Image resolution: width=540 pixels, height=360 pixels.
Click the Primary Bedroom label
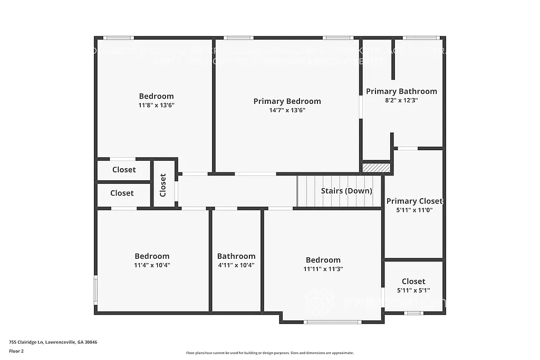(x=287, y=101)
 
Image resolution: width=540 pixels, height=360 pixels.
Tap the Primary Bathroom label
(x=401, y=91)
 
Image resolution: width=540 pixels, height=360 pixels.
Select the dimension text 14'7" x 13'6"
(x=287, y=110)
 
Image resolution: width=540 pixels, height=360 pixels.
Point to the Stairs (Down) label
(x=346, y=191)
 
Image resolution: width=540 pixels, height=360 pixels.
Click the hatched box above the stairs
(x=377, y=168)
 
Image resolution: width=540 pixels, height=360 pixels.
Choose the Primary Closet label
(x=414, y=201)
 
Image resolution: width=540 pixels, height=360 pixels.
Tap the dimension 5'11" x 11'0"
(x=414, y=210)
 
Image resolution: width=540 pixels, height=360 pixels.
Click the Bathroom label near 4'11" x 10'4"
(x=236, y=256)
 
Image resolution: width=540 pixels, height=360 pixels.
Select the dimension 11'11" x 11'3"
(x=323, y=269)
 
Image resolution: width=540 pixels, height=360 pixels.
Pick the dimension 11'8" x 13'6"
(x=156, y=105)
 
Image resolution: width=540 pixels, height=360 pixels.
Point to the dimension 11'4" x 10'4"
(x=152, y=265)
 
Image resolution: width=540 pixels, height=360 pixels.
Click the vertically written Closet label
(x=163, y=185)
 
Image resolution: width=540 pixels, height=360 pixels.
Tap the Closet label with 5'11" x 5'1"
(x=413, y=281)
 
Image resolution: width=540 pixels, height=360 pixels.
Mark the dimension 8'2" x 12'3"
(x=401, y=100)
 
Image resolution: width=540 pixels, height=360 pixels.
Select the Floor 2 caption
(x=16, y=351)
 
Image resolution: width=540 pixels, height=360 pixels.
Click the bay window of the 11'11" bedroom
(x=332, y=322)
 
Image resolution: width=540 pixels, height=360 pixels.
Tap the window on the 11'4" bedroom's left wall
(x=95, y=289)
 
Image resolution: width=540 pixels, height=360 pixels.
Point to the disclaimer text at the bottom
(x=269, y=353)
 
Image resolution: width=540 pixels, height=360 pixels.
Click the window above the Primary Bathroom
(x=421, y=37)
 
